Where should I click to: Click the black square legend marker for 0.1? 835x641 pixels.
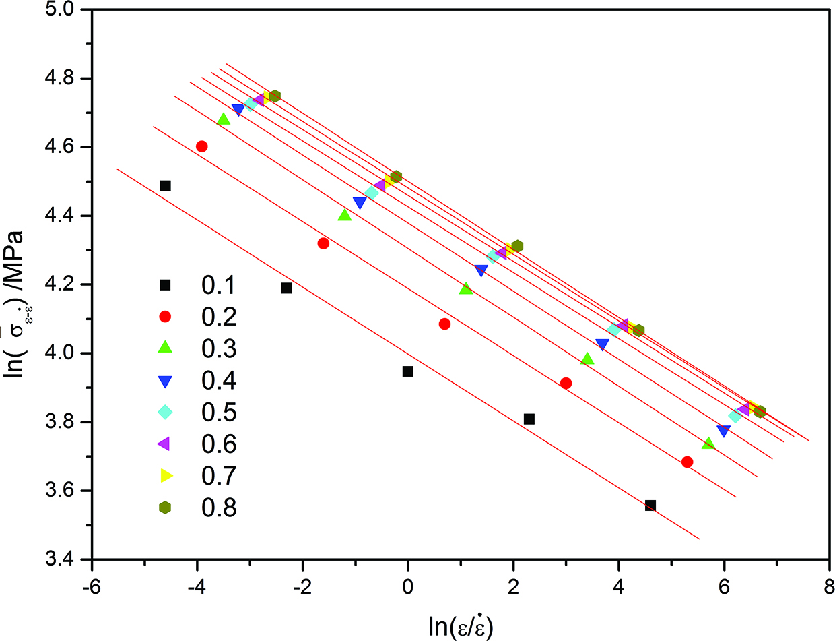click(166, 285)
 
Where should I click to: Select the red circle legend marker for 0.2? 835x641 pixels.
click(166, 317)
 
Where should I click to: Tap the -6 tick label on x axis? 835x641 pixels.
click(92, 584)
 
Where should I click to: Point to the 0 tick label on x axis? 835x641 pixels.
click(408, 584)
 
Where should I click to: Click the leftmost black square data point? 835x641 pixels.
click(165, 186)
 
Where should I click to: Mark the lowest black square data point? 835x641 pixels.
click(650, 506)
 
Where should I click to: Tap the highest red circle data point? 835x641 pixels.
click(202, 146)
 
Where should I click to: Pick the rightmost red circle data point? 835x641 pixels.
click(687, 462)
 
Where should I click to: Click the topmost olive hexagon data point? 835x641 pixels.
click(275, 96)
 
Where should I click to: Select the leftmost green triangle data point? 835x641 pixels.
click(224, 119)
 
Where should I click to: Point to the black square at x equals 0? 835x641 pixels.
click(408, 371)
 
